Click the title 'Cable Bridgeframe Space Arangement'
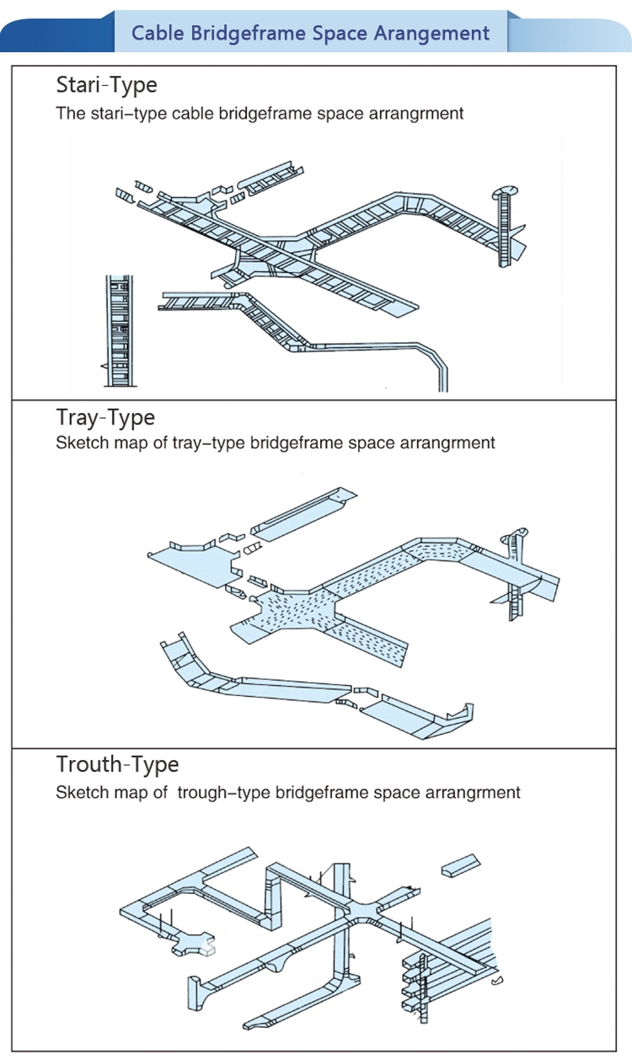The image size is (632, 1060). pos(311,34)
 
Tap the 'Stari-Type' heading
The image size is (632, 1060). pos(106,84)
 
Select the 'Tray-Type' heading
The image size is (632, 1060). pos(105,417)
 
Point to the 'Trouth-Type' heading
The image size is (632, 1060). pos(117,764)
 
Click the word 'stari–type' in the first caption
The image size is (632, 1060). pos(126,113)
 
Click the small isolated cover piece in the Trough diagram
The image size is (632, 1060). pos(460,865)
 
